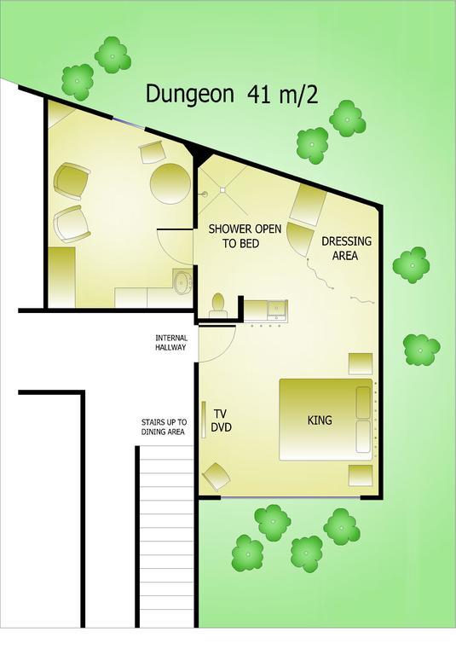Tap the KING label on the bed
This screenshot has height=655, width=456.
pyautogui.click(x=320, y=420)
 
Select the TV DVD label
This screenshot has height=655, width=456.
pyautogui.click(x=222, y=420)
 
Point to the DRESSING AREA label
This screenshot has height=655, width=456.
pyautogui.click(x=346, y=248)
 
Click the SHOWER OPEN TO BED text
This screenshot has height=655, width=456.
pyautogui.click(x=245, y=235)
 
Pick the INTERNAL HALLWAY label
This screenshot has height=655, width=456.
pyautogui.click(x=170, y=342)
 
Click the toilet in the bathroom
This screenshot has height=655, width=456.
pyautogui.click(x=218, y=304)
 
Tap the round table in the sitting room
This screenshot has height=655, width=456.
pyautogui.click(x=170, y=183)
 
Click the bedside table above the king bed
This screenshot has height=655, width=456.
pyautogui.click(x=361, y=363)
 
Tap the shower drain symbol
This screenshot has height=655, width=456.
pyautogui.click(x=222, y=191)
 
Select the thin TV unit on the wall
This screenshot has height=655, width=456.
pyautogui.click(x=204, y=420)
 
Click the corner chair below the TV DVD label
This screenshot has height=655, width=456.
pyautogui.click(x=216, y=476)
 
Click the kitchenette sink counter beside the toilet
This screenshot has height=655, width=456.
pyautogui.click(x=265, y=309)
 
